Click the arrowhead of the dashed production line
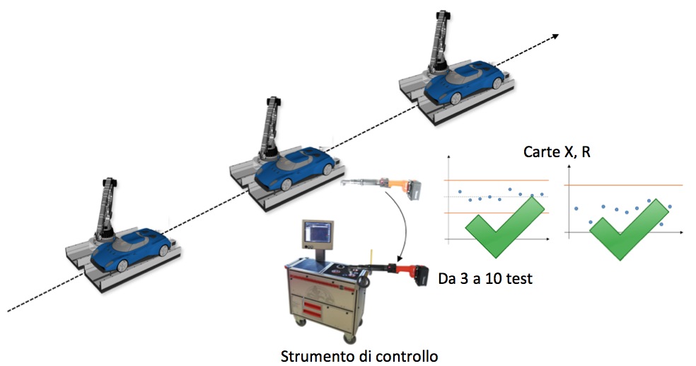(x=555, y=37)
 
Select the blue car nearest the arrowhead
(x=464, y=84)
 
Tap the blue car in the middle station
(x=294, y=167)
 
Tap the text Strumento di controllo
(x=359, y=356)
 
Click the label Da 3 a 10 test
(x=485, y=278)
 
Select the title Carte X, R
(x=557, y=152)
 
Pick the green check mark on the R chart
(x=629, y=229)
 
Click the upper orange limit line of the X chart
(x=497, y=181)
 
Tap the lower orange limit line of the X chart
(x=497, y=213)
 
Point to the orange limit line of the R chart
(x=624, y=185)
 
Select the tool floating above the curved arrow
(x=381, y=186)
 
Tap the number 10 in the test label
(x=497, y=278)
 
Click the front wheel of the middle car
(x=286, y=184)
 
